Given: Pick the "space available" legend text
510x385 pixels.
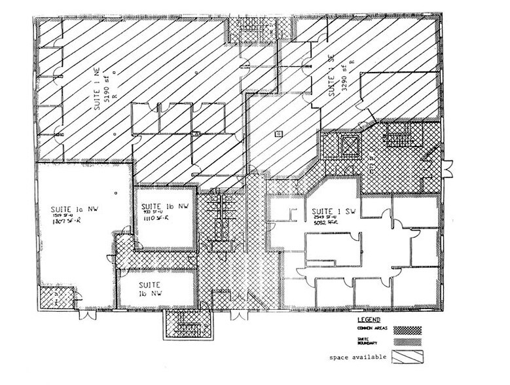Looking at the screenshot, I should tap(360, 357).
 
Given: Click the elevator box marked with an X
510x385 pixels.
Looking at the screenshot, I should tap(347, 144).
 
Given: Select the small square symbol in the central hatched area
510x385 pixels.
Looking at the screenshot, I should tap(278, 134).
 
